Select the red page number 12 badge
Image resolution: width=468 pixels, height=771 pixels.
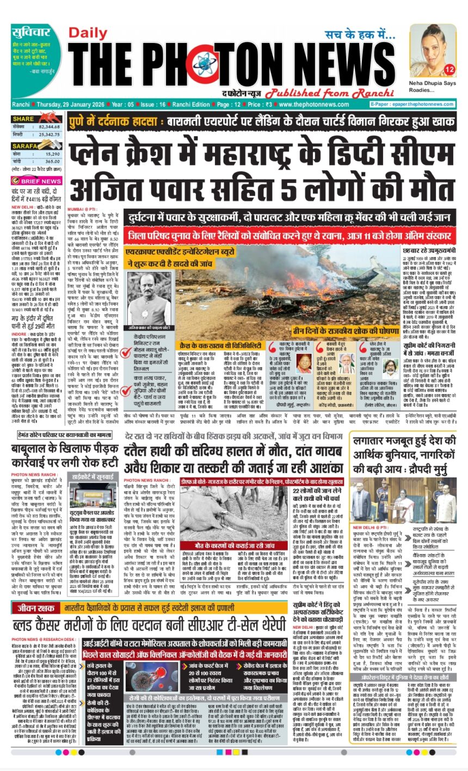pos(449,70)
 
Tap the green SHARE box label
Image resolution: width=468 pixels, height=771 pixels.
pos(24,118)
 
